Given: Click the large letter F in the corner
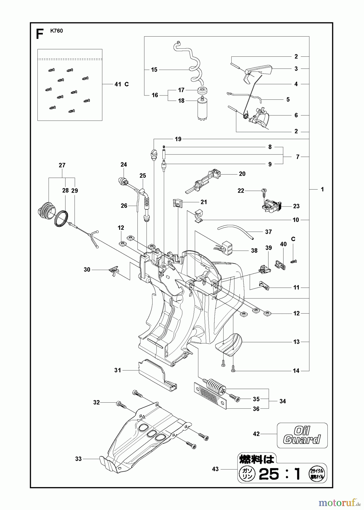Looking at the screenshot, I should click(x=40, y=35).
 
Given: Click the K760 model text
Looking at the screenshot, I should click(x=56, y=31).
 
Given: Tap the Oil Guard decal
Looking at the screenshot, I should click(x=302, y=435).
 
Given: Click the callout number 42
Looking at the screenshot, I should click(x=256, y=434).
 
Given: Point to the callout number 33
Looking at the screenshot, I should click(x=79, y=459).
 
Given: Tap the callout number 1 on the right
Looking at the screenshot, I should click(x=322, y=189).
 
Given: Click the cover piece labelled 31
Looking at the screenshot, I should click(x=157, y=375).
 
